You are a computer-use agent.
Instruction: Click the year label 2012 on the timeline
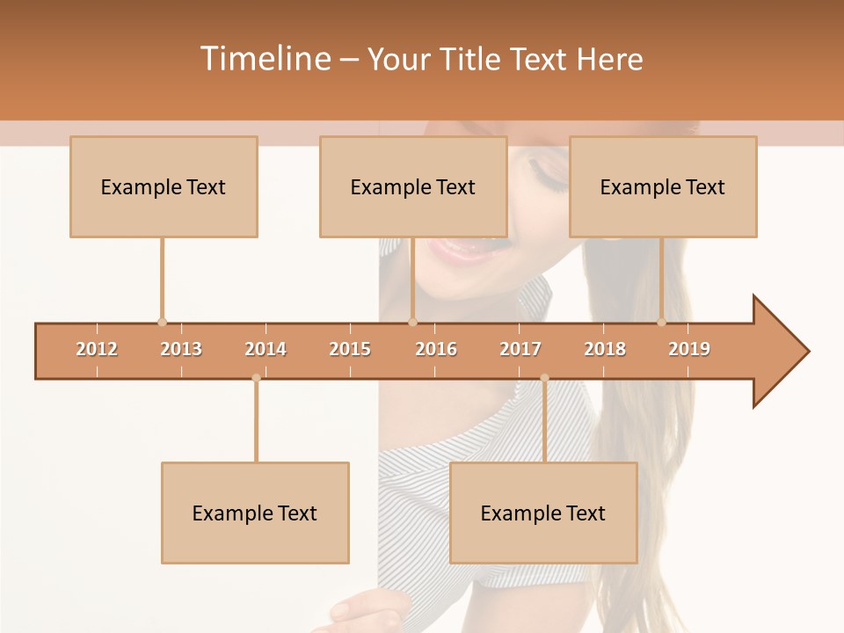click(97, 349)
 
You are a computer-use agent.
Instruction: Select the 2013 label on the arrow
click(181, 349)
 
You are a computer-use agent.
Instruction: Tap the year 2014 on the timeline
click(266, 349)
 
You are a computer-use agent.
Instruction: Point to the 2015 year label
click(350, 349)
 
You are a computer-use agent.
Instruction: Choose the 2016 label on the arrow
click(436, 349)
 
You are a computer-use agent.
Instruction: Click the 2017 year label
click(520, 349)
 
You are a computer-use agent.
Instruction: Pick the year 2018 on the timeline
click(605, 349)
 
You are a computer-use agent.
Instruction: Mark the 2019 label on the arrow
click(689, 349)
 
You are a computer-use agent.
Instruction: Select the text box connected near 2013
click(164, 186)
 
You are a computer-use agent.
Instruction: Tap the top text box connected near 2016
click(413, 186)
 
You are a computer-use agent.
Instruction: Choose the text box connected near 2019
click(663, 186)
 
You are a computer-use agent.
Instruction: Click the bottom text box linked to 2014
click(255, 513)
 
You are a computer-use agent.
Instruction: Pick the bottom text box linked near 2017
click(543, 513)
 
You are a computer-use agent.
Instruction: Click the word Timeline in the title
click(264, 59)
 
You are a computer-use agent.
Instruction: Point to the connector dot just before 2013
click(162, 322)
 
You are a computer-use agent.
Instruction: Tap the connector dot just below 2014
click(256, 378)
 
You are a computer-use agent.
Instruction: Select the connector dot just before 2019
click(662, 322)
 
